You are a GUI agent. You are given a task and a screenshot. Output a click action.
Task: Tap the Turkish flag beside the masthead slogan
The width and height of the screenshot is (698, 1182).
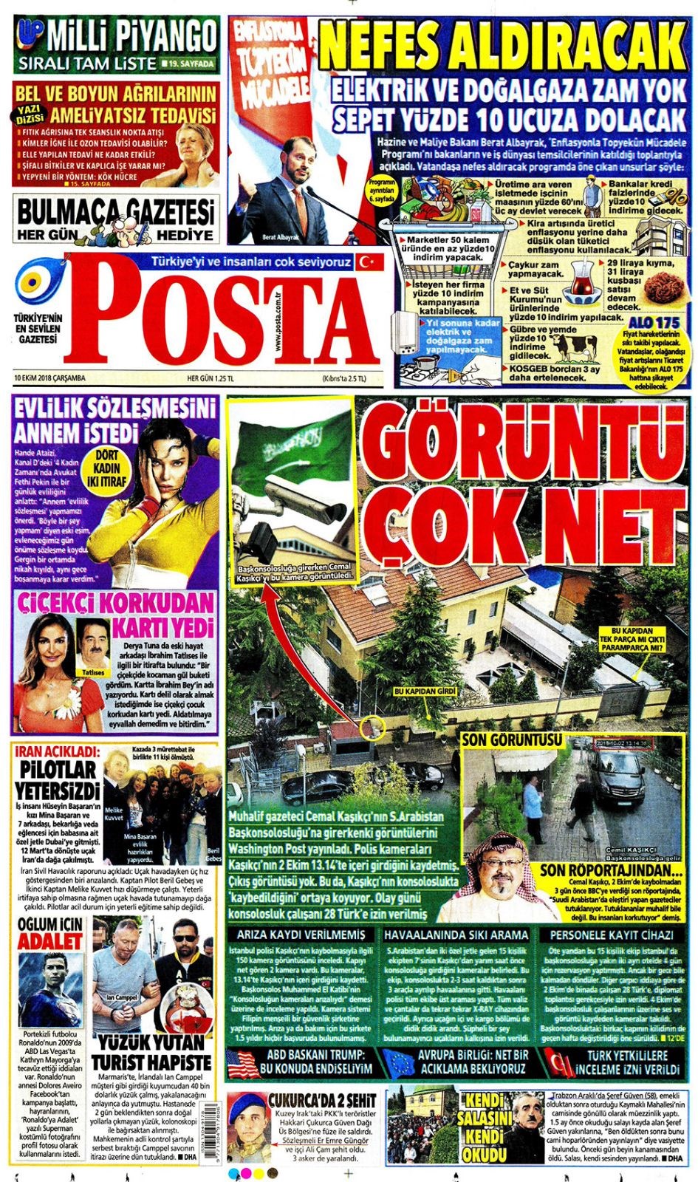point(367,262)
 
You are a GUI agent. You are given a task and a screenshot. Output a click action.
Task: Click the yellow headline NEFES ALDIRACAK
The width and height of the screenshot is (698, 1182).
point(502,44)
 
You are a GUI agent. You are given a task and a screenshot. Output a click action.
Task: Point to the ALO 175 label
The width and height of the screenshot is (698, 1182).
point(654,323)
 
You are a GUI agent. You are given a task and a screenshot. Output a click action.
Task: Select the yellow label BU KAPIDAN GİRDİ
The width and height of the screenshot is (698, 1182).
point(425,691)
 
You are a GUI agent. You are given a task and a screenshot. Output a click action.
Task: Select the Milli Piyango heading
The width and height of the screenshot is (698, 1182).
point(131,35)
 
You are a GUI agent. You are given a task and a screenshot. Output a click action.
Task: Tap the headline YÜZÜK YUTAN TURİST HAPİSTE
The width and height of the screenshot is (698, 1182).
point(151,1053)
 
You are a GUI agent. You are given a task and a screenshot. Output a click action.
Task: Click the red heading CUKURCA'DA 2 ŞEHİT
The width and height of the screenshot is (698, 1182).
point(323,1100)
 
